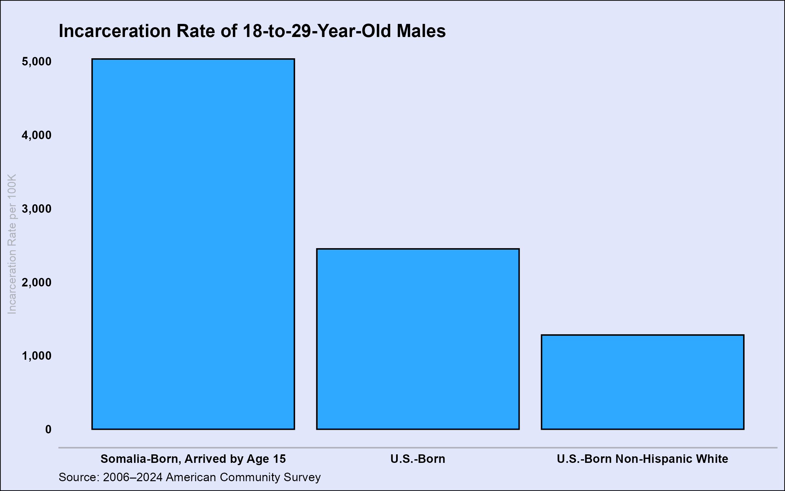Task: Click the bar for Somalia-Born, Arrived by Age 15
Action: pos(193,244)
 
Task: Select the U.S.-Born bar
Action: pos(418,339)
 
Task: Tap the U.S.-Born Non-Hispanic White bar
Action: pos(642,382)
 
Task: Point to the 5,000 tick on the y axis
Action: pos(37,62)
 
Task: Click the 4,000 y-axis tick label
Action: pos(37,135)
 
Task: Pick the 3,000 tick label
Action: pos(37,209)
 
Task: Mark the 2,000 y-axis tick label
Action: pos(37,282)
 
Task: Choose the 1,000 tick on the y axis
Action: pos(37,356)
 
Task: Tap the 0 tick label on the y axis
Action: pos(48,429)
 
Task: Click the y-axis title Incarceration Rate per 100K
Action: pos(12,244)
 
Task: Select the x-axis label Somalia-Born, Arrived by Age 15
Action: pos(193,459)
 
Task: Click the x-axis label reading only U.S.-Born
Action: pos(418,459)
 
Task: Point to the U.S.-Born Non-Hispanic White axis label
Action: pos(642,459)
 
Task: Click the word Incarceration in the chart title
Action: pos(115,31)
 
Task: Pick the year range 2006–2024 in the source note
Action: pos(132,477)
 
